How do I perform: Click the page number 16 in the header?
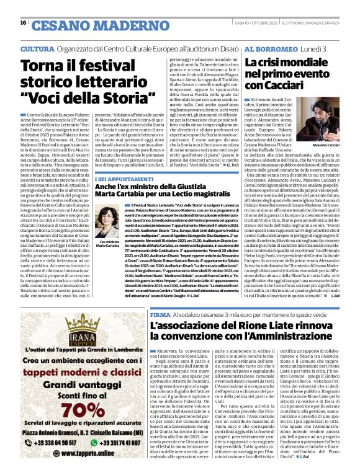click(22, 23)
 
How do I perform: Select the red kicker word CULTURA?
click(37, 48)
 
